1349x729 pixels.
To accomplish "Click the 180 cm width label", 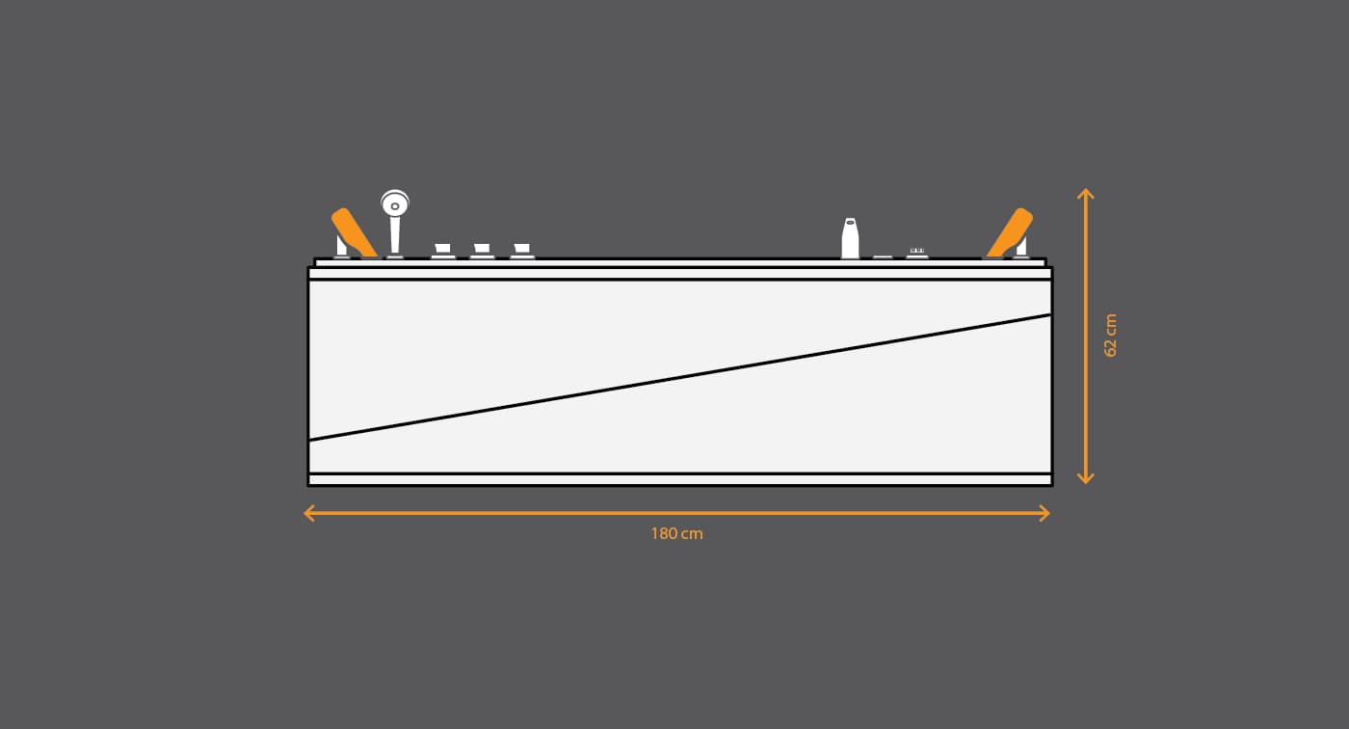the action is click(x=676, y=534).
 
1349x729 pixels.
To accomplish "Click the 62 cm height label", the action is click(x=1110, y=336).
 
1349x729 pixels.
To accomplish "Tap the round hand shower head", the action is click(x=395, y=203).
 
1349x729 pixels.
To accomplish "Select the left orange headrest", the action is click(x=354, y=232).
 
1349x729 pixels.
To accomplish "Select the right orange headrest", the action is click(x=1010, y=232).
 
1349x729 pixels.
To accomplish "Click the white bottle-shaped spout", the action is click(x=850, y=238).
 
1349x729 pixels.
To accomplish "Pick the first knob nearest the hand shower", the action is click(x=442, y=251).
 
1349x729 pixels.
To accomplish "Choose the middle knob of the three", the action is click(x=482, y=251).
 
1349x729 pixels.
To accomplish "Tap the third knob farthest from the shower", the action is click(x=522, y=251).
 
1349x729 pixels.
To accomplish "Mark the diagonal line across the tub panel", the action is click(x=680, y=377).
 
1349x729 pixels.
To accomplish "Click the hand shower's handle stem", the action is click(x=395, y=237).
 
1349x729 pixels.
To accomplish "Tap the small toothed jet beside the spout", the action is click(x=917, y=252).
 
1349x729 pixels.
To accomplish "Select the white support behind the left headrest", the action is click(x=341, y=247).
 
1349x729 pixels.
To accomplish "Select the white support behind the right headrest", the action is click(x=1021, y=247).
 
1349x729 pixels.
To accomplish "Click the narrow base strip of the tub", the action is click(x=680, y=479).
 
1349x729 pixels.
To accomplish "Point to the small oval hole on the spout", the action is click(x=850, y=223).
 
